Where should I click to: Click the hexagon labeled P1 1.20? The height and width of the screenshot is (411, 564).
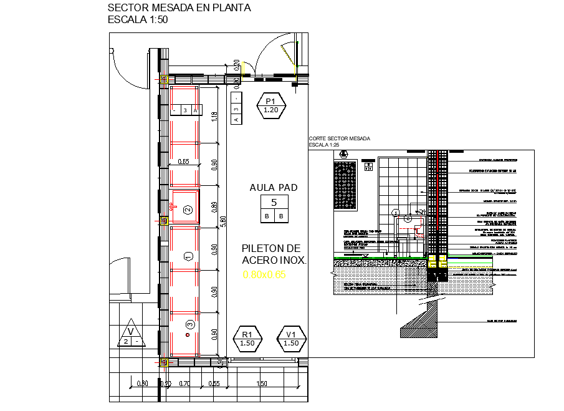click(271, 105)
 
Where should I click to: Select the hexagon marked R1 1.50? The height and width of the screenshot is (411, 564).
click(247, 339)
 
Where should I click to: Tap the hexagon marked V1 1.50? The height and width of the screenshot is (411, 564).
click(291, 339)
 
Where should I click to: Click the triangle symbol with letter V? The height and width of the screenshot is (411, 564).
click(131, 336)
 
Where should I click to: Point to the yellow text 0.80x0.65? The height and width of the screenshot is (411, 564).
click(264, 274)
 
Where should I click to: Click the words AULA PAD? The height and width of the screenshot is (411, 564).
click(274, 187)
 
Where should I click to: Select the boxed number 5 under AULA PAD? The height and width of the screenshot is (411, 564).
click(274, 202)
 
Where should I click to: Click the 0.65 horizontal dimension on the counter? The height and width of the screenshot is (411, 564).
click(183, 162)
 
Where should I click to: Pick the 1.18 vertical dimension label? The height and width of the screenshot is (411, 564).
click(214, 117)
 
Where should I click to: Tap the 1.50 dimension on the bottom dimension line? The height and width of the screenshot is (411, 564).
click(262, 384)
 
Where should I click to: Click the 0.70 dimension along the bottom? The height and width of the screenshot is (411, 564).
click(184, 384)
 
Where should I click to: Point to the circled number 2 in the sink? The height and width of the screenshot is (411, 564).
click(187, 210)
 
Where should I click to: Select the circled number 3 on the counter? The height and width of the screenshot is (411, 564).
click(190, 324)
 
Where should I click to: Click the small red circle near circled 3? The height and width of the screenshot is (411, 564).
click(186, 336)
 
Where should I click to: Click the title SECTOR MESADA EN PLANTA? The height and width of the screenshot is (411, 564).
click(179, 8)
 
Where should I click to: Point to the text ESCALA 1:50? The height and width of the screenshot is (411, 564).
click(138, 19)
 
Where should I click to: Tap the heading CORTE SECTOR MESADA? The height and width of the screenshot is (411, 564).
click(339, 138)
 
